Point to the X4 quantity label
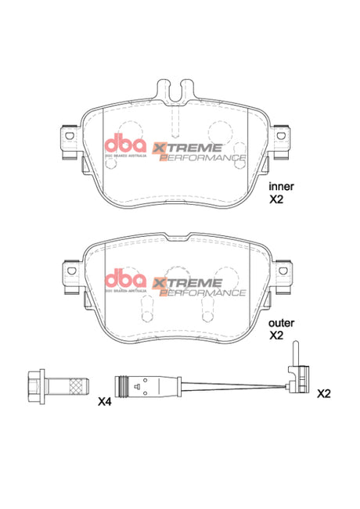[x=106, y=402]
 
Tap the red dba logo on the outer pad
[x=124, y=280]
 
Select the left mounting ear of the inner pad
[x=70, y=139]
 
